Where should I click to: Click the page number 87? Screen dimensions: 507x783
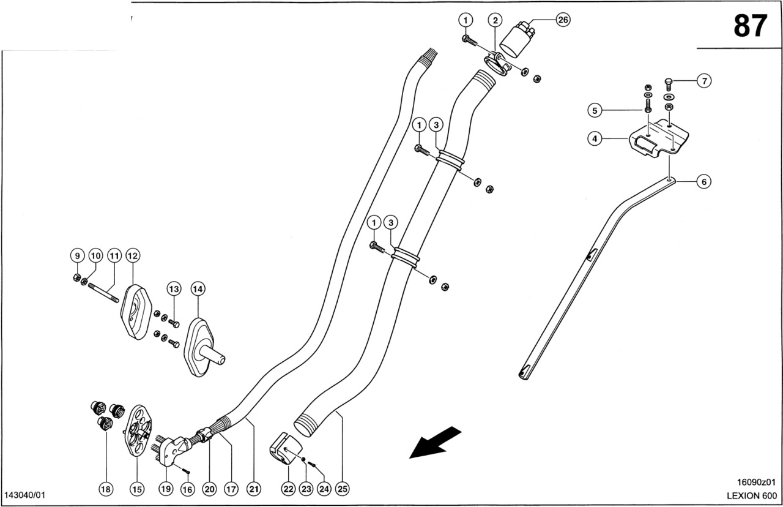coord(750,26)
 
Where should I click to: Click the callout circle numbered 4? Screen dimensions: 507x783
coord(594,139)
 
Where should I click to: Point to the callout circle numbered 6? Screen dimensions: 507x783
coord(703,181)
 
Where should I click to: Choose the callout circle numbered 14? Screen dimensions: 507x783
coord(197,288)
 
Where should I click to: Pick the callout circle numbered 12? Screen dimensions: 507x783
coord(133,255)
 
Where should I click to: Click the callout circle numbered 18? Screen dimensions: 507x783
coord(106,489)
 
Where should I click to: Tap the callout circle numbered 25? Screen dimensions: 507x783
coord(343,489)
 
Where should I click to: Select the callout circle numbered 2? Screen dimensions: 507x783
coord(494,20)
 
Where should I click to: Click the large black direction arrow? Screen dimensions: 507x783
coord(435,441)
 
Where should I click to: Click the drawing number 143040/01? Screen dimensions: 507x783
coord(25,495)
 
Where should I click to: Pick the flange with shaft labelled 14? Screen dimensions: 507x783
coord(202,347)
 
